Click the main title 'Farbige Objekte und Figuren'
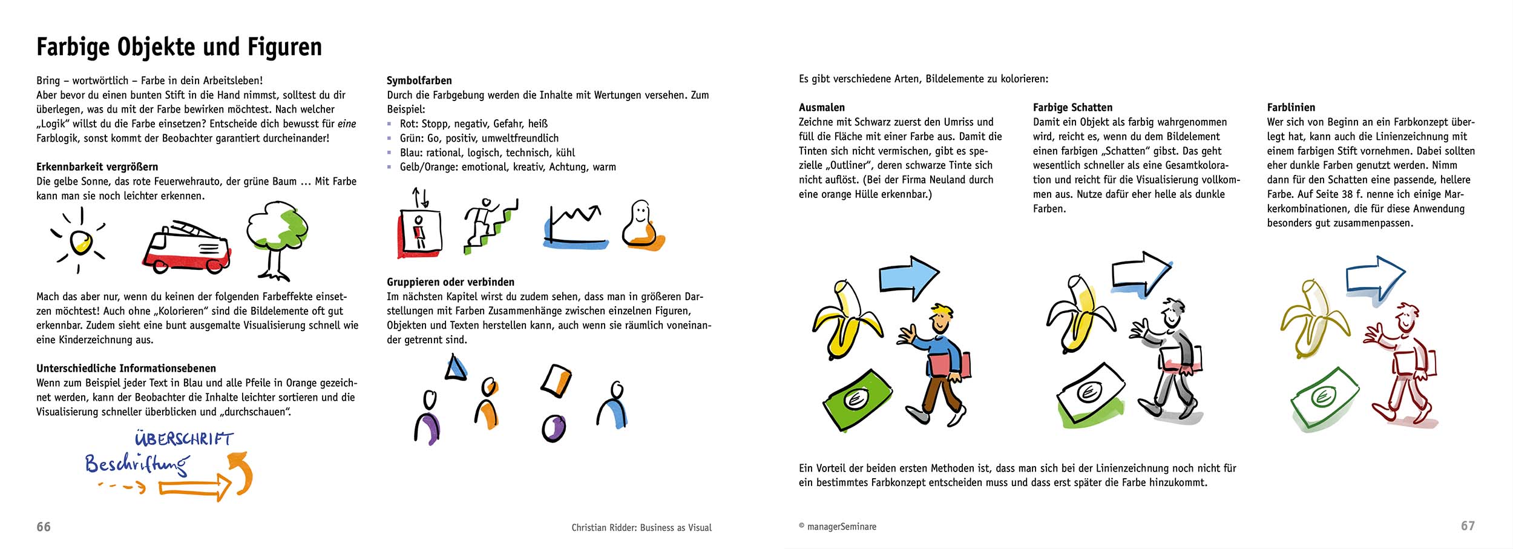[x=179, y=47]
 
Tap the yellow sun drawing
[x=80, y=243]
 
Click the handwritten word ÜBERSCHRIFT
[x=183, y=438]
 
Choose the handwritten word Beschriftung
[x=137, y=465]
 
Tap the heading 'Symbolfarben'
[x=419, y=81]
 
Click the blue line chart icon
[x=576, y=227]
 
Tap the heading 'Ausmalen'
[x=821, y=108]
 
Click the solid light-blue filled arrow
[x=908, y=278]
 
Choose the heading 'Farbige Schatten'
[x=1072, y=108]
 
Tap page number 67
[x=1468, y=526]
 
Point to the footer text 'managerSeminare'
[x=841, y=527]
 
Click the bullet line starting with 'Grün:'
[x=479, y=139]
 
